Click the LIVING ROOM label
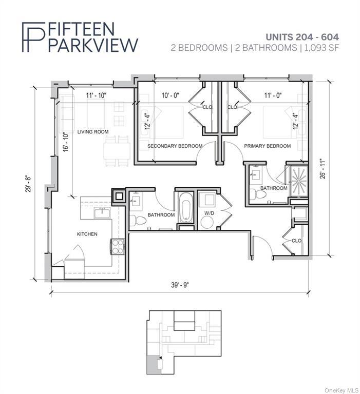93,132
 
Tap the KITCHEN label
87,234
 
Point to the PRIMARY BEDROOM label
267,146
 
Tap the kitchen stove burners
117,247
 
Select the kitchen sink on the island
101,212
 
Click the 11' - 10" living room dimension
97,95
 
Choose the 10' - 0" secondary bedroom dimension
170,95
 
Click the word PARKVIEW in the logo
92,44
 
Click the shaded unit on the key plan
152,365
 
